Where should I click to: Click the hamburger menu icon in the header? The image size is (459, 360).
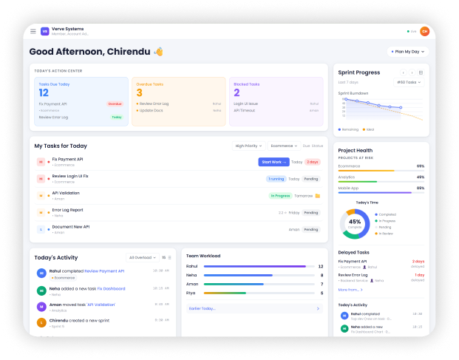(x=33, y=31)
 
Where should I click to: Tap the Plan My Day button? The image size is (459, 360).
(x=407, y=52)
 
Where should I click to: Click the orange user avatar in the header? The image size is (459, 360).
(x=424, y=31)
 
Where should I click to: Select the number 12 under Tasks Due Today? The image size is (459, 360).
(x=44, y=92)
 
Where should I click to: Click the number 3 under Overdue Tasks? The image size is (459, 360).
(x=139, y=92)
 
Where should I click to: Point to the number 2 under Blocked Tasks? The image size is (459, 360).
(x=237, y=92)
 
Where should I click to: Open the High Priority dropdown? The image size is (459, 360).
(x=248, y=146)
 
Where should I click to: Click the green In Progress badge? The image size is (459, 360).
(x=280, y=196)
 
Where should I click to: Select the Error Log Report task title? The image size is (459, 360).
(x=67, y=209)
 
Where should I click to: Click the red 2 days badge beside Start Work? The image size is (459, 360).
(x=313, y=162)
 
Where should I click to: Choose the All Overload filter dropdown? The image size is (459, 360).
(x=142, y=257)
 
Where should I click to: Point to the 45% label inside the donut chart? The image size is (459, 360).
(x=355, y=222)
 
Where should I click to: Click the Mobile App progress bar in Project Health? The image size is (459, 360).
(x=381, y=193)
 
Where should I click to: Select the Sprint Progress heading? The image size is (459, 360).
(x=358, y=72)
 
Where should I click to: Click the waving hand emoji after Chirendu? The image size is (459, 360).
(x=158, y=52)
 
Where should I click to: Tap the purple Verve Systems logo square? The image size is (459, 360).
(x=45, y=31)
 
